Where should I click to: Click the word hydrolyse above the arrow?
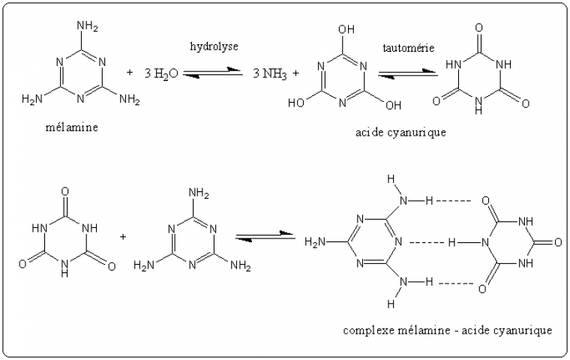214,46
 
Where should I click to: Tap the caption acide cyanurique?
401,133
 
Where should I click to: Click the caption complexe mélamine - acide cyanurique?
448,330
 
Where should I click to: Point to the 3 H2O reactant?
161,73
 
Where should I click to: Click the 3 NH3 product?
270,73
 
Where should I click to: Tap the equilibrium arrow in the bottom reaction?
265,237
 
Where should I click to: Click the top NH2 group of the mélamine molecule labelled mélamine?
88,28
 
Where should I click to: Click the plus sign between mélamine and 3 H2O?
130,72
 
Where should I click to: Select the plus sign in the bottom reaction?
123,236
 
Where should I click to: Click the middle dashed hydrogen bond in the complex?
428,243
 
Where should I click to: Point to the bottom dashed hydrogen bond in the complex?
453,283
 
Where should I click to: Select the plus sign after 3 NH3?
296,73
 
